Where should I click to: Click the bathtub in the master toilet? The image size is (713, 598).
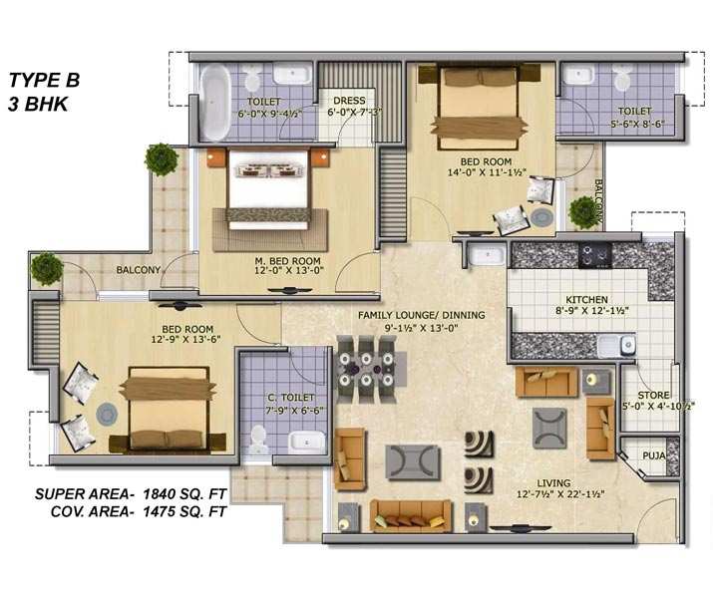214,103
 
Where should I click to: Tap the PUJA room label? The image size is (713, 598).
654,455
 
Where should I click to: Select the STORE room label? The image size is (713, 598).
653,396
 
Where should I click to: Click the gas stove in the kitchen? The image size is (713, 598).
595,256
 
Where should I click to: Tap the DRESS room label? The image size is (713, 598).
349,101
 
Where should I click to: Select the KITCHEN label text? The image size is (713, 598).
586,300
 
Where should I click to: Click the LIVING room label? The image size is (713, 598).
553,483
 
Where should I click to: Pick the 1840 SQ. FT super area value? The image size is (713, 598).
184,494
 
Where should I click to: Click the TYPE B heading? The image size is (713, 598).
44,80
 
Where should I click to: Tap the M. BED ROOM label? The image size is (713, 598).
287,261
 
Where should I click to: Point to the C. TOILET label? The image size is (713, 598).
291,398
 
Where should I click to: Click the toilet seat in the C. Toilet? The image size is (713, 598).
258,440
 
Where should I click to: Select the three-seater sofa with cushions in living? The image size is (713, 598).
411,515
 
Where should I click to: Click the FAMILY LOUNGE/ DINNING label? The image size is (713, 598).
422,315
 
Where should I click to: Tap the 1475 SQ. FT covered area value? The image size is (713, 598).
184,512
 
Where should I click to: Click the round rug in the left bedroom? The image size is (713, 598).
107,415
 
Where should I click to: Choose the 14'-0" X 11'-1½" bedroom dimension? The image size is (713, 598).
486,172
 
